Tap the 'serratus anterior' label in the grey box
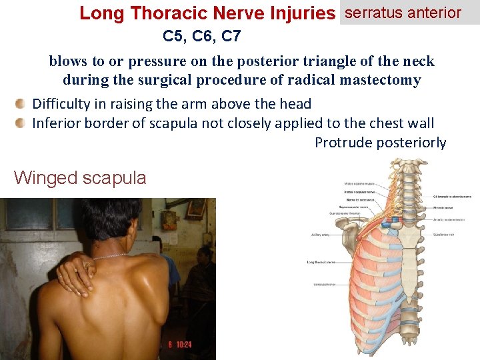click(403, 12)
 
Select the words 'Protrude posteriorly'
click(380, 143)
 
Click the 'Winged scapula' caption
click(80, 177)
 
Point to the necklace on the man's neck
click(110, 256)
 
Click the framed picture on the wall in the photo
click(196, 208)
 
